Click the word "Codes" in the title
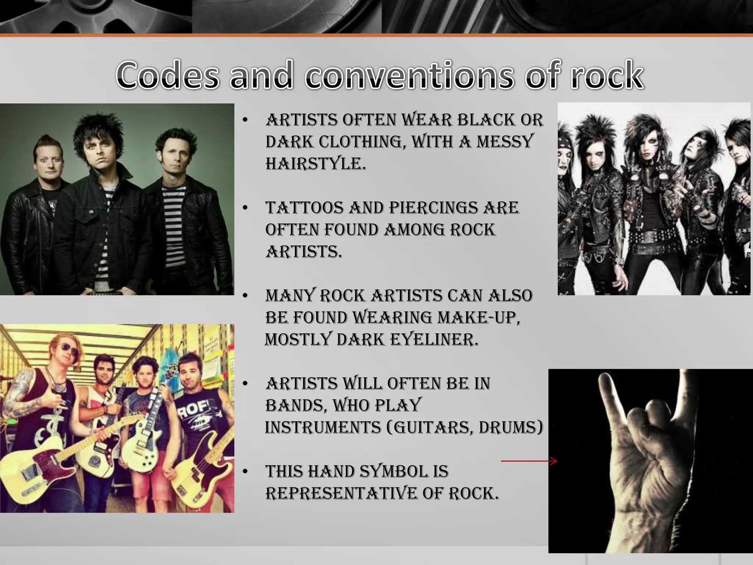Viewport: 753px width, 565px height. click(167, 75)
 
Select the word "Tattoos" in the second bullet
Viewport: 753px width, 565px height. click(304, 208)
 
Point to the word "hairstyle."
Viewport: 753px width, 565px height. click(316, 164)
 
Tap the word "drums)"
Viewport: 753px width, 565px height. click(511, 427)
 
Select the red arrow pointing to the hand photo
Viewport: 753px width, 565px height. click(529, 461)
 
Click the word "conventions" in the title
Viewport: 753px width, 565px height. click(408, 75)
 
